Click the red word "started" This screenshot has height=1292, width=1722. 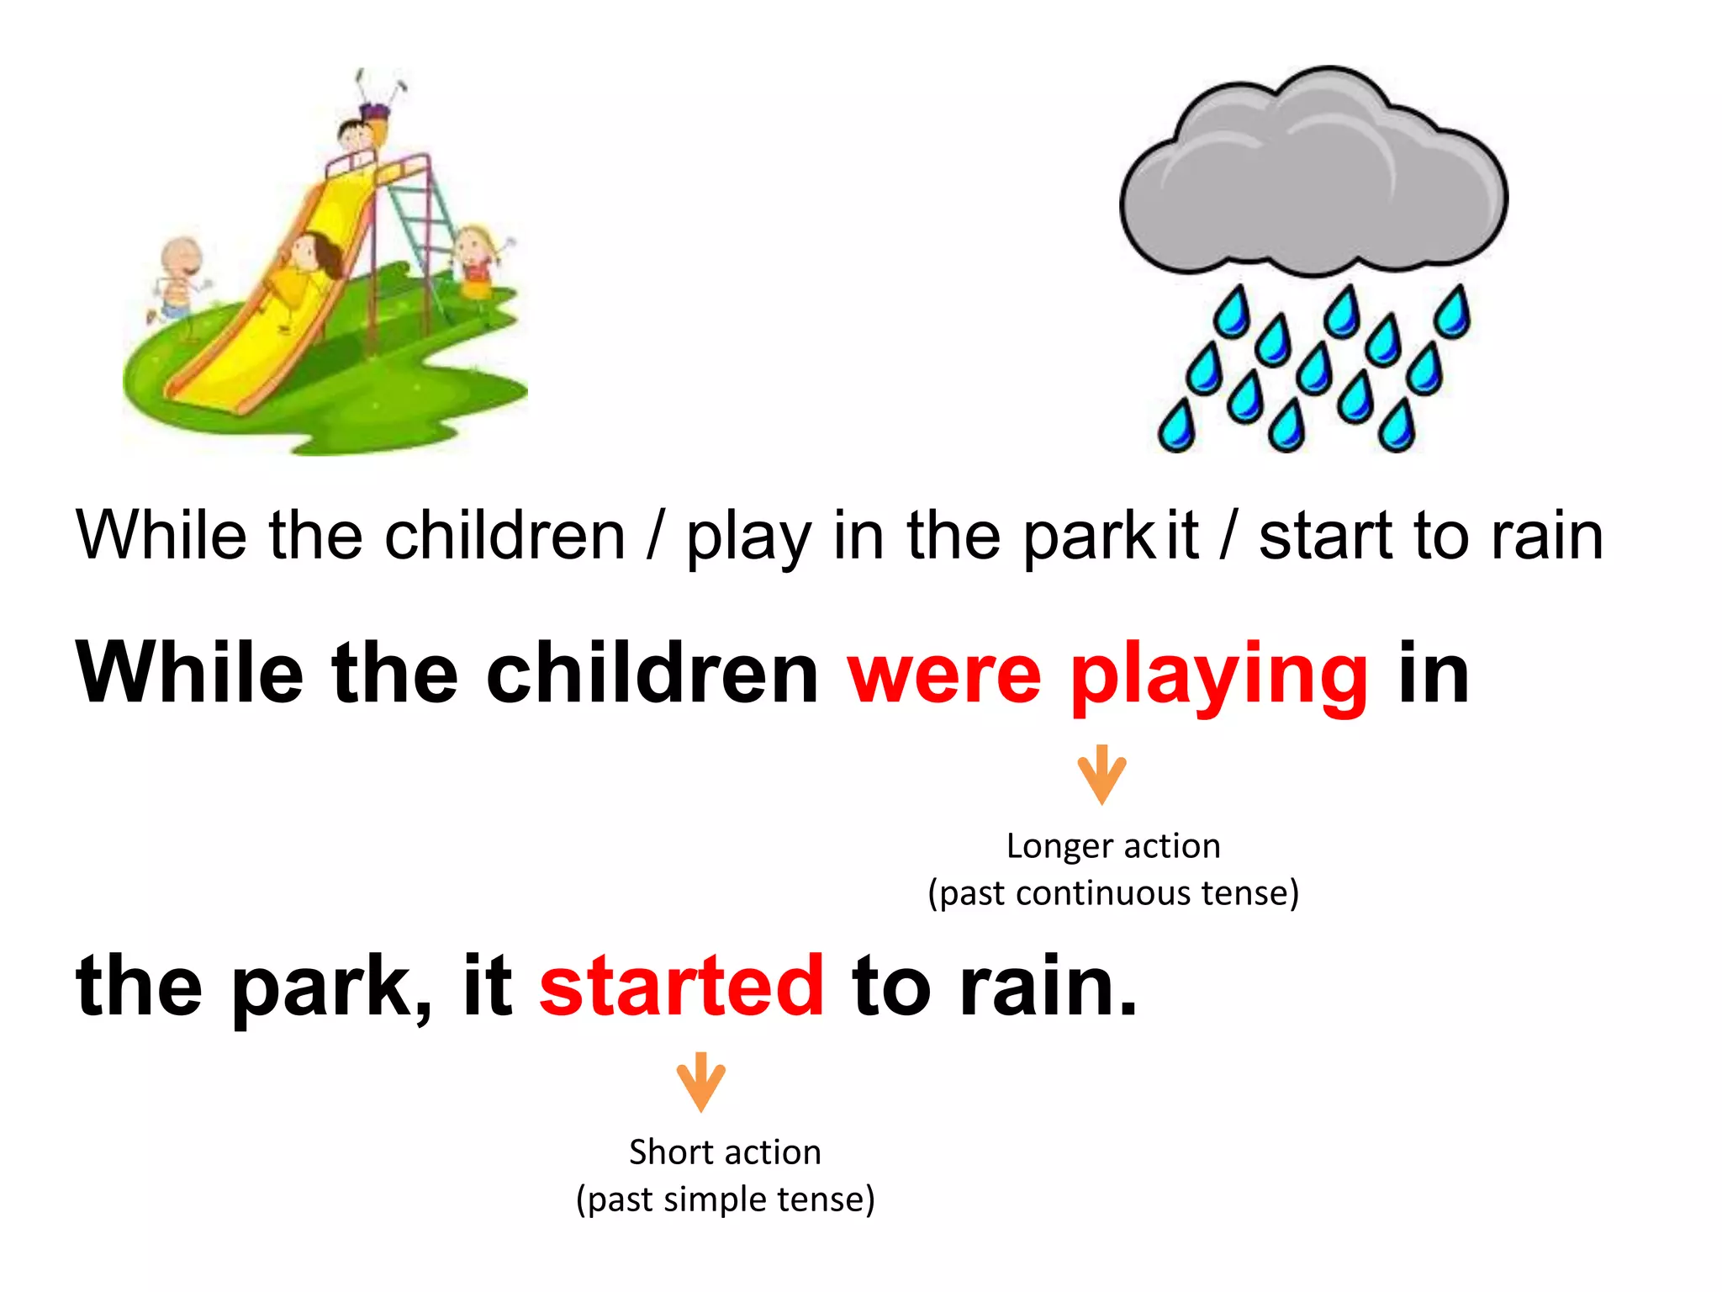(x=681, y=986)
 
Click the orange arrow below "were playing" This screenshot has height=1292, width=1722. (x=1101, y=775)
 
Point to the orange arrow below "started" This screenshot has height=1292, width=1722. (x=700, y=1082)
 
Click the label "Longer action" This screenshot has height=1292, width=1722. (x=1113, y=846)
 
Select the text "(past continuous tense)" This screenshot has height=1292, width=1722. (x=1113, y=893)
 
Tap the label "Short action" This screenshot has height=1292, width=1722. (x=725, y=1152)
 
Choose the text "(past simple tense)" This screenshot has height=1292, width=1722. (x=725, y=1199)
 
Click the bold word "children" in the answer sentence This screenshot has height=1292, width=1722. (x=652, y=674)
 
